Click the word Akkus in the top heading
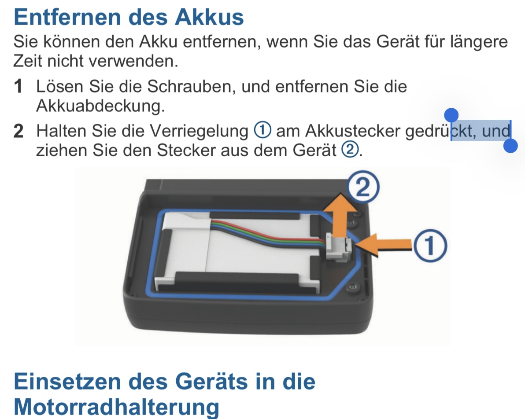click(209, 17)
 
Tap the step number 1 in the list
click(18, 86)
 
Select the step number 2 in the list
click(18, 131)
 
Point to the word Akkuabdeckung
click(100, 106)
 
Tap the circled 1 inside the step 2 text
click(262, 130)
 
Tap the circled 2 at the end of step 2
click(350, 150)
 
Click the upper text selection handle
click(451, 115)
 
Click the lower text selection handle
click(510, 146)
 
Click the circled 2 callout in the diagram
click(363, 187)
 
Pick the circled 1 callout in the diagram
click(430, 246)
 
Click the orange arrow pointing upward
click(340, 214)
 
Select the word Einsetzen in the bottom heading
click(67, 381)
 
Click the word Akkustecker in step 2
click(352, 131)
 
